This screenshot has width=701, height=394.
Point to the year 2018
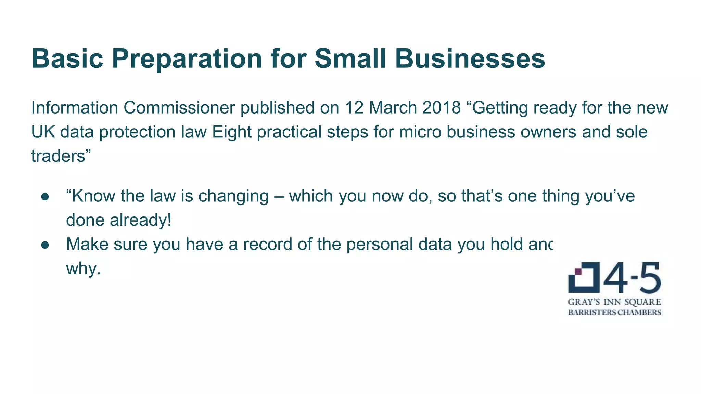pyautogui.click(x=441, y=108)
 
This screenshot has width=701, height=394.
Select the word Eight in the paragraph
pyautogui.click(x=232, y=132)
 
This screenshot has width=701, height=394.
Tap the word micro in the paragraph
pyautogui.click(x=420, y=132)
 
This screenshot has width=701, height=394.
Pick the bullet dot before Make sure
pyautogui.click(x=45, y=245)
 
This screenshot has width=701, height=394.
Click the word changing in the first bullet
pyautogui.click(x=233, y=196)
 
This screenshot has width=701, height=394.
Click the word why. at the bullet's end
pyautogui.click(x=84, y=269)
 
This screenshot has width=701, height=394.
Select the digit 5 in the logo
pyautogui.click(x=649, y=278)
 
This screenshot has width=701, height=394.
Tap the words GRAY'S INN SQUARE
pyautogui.click(x=614, y=302)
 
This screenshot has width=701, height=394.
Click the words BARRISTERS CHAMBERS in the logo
pyautogui.click(x=614, y=312)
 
